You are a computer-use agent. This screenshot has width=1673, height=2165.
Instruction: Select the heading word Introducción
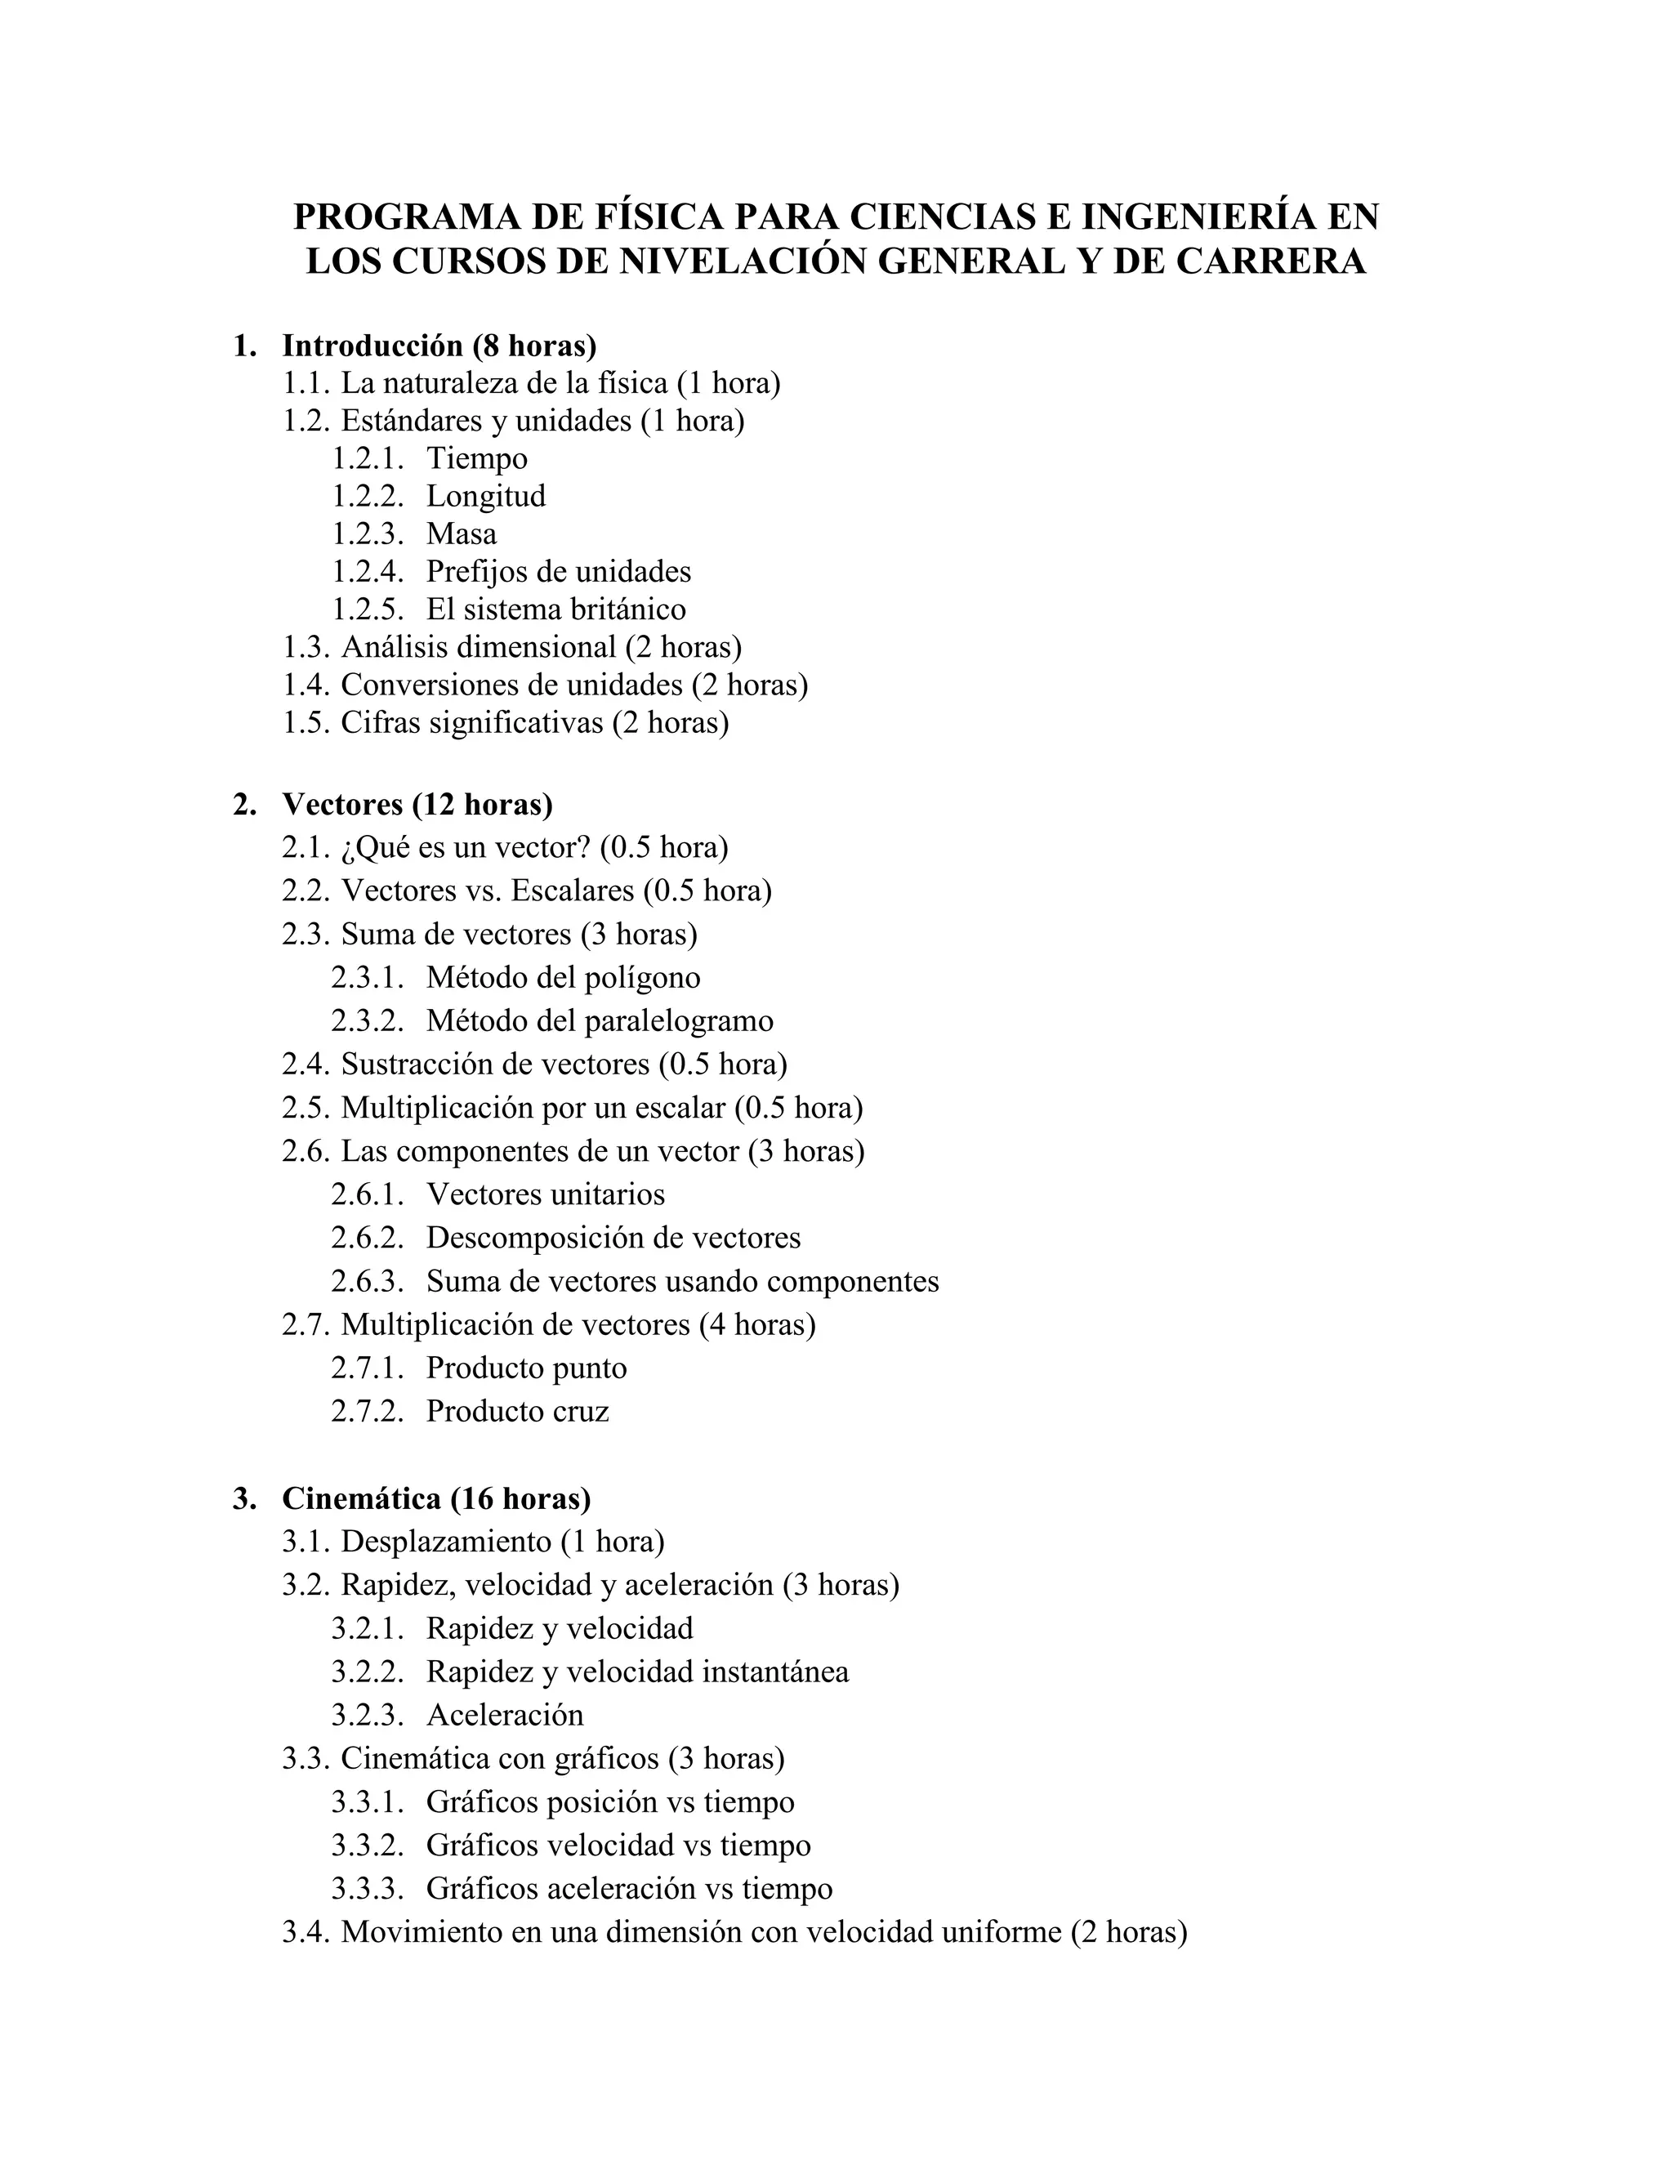click(x=373, y=346)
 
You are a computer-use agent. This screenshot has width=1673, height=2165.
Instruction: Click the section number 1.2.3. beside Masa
click(x=368, y=534)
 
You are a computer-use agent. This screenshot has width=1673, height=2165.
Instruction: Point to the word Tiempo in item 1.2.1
click(x=477, y=459)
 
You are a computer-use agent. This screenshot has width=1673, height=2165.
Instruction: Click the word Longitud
click(x=486, y=497)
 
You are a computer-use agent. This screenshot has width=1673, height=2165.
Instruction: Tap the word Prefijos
click(x=475, y=572)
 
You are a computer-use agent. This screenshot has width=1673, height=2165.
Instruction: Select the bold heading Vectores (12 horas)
click(x=417, y=804)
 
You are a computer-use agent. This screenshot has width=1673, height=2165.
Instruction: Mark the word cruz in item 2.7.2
click(x=581, y=1412)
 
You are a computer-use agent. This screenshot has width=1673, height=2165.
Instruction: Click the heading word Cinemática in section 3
click(x=361, y=1499)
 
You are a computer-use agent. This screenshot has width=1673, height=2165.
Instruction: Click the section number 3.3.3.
click(x=368, y=1890)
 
